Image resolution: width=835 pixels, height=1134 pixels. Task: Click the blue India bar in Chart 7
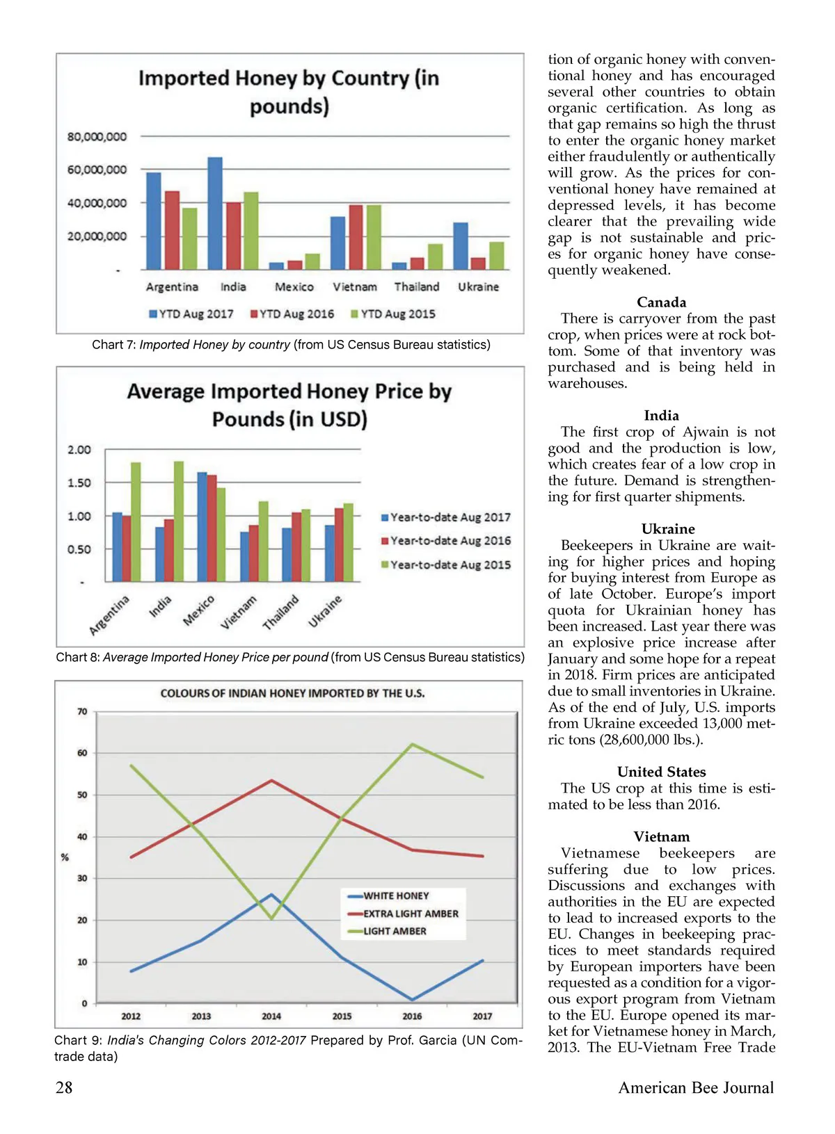point(215,213)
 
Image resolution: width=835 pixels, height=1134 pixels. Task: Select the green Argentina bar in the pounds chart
point(189,238)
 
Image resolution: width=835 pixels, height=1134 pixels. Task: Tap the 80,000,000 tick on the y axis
point(97,137)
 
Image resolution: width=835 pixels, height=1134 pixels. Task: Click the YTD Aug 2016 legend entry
point(292,314)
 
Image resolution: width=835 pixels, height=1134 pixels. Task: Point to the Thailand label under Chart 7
point(417,287)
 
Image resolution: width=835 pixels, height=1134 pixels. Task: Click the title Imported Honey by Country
point(289,92)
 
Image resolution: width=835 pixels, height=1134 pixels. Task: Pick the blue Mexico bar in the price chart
point(202,527)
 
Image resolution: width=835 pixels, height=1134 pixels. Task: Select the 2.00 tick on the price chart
point(79,450)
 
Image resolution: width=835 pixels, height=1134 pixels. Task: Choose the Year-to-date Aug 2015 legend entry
point(446,565)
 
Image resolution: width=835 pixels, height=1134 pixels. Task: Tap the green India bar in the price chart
point(179,521)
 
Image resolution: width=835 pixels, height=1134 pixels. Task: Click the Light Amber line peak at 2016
point(412,745)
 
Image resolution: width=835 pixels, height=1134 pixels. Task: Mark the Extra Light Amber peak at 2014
point(271,781)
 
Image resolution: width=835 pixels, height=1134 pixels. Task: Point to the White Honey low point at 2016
point(412,1000)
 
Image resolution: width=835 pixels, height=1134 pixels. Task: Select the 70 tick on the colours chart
point(82,711)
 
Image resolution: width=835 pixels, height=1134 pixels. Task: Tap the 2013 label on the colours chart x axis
point(201,1016)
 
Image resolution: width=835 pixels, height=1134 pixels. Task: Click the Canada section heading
point(661,302)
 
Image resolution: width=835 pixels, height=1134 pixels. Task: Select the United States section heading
point(661,772)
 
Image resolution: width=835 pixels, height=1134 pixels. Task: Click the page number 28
point(64,1088)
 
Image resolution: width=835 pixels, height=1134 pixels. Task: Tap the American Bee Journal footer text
point(696,1088)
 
